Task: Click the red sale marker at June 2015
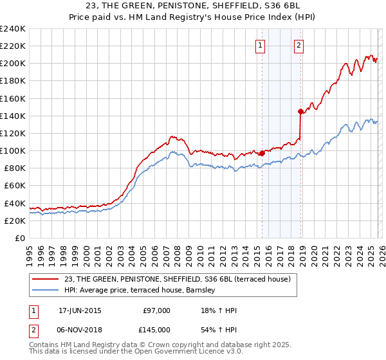pyautogui.click(x=262, y=153)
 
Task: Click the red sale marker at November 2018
pyautogui.click(x=300, y=111)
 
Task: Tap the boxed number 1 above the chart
pyautogui.click(x=261, y=45)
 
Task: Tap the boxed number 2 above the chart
pyautogui.click(x=300, y=45)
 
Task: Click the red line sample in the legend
pyautogui.click(x=46, y=279)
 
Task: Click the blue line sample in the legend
pyautogui.click(x=46, y=291)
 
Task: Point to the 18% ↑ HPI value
pyautogui.click(x=219, y=310)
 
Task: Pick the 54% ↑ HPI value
pyautogui.click(x=219, y=329)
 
